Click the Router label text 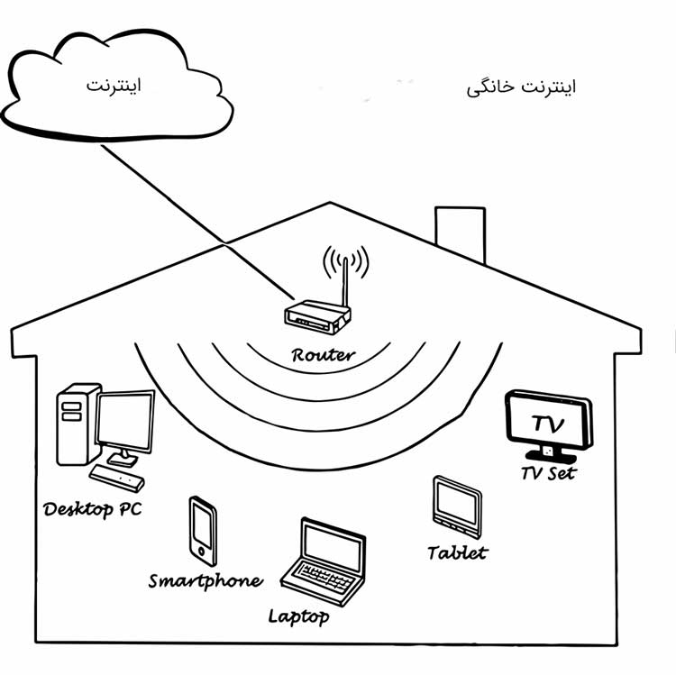(x=323, y=354)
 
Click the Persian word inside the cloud (x=114, y=87)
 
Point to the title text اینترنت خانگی (x=522, y=87)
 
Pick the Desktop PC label (x=92, y=509)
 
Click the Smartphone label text (x=206, y=580)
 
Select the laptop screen (x=332, y=544)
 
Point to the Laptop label (x=298, y=616)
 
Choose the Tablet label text (x=457, y=552)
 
